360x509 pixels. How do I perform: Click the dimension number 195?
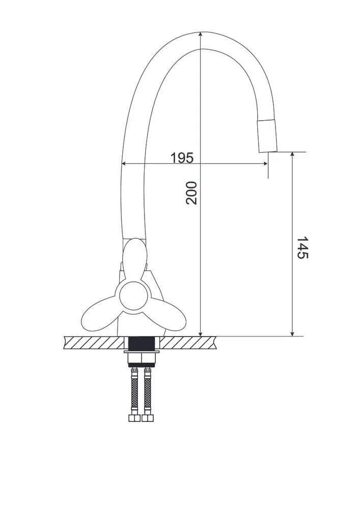pyautogui.click(x=182, y=158)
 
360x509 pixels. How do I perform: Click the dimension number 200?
pyautogui.click(x=191, y=193)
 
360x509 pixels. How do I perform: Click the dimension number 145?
pyautogui.click(x=302, y=247)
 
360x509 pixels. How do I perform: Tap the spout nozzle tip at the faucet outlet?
pyautogui.click(x=267, y=136)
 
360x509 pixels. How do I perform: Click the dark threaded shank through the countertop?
pyautogui.click(x=143, y=344)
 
